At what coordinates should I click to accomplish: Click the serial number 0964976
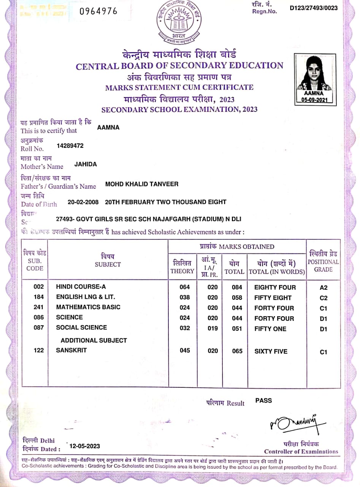pyautogui.click(x=98, y=11)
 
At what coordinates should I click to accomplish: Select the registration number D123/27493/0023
pyautogui.click(x=313, y=8)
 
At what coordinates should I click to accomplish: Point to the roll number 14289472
pyautogui.click(x=70, y=146)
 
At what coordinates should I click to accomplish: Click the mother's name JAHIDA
pyautogui.click(x=86, y=164)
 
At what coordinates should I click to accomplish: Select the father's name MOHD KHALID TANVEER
pyautogui.click(x=142, y=184)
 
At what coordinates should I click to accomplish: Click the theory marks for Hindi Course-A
pyautogui.click(x=184, y=287)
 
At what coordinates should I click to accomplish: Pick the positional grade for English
pyautogui.click(x=324, y=298)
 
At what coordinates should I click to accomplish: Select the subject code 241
pyautogui.click(x=39, y=307)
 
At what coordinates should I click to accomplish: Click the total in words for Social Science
pyautogui.click(x=270, y=329)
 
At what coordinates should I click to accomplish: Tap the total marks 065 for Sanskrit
pyautogui.click(x=237, y=351)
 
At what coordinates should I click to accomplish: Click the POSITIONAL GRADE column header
pyautogui.click(x=323, y=262)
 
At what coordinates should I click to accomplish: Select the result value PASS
pyautogui.click(x=263, y=400)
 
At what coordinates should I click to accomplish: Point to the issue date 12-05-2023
pyautogui.click(x=85, y=446)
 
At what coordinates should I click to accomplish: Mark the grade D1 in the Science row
pyautogui.click(x=324, y=319)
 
